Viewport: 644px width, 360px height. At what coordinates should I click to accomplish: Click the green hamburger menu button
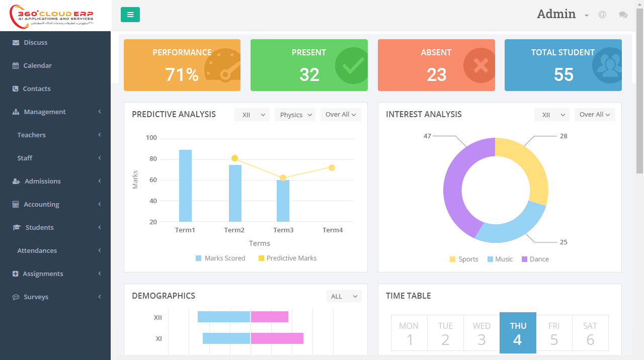coord(130,15)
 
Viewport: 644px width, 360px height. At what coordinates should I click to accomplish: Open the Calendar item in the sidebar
coord(37,65)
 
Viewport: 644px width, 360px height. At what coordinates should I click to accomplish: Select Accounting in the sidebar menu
coord(41,204)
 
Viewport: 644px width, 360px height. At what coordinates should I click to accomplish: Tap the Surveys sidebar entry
coord(36,297)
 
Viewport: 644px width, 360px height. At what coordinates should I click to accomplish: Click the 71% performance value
coord(182,75)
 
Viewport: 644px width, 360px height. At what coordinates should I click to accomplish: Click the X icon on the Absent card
coord(480,65)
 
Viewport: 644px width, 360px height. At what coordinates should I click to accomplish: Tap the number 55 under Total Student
coord(563,75)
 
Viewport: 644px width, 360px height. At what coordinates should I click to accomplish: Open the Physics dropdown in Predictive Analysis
coord(295,115)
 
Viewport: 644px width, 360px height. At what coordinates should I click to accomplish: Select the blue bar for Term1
coord(185,186)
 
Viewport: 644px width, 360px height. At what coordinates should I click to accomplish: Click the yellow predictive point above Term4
coord(332,167)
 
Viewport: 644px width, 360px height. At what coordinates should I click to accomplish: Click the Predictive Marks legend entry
coord(287,258)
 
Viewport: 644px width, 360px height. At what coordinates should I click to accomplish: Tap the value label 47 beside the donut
coord(427,136)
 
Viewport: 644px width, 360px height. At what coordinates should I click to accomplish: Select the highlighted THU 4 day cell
coord(518,333)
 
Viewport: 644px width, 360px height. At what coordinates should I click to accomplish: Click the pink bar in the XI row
coord(277,338)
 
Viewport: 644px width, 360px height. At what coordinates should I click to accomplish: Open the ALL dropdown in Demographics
coord(344,297)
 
